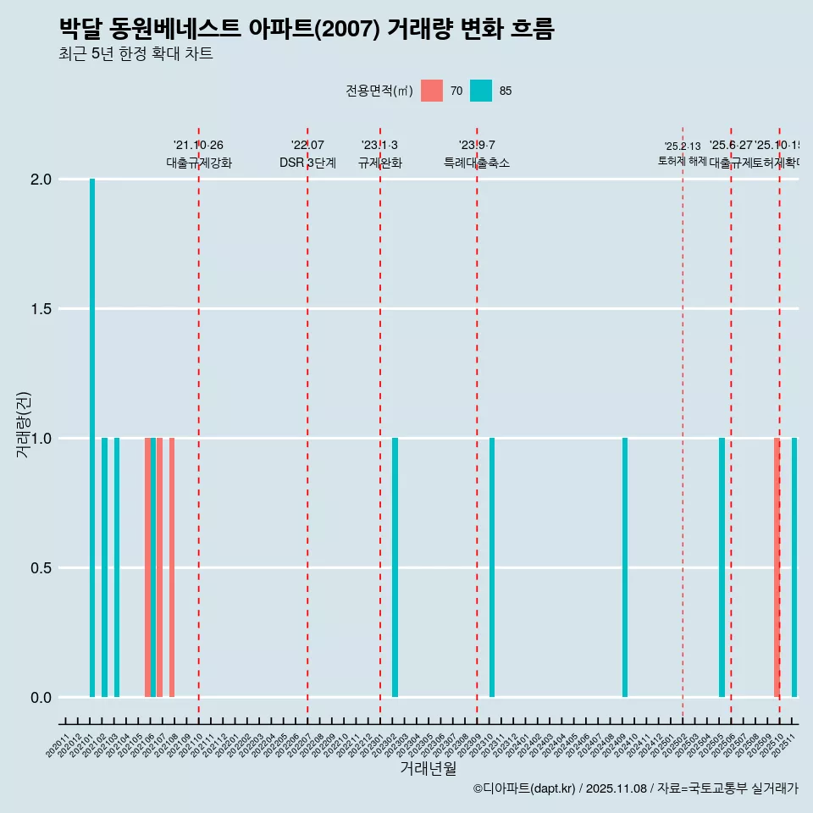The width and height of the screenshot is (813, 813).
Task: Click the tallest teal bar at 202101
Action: tap(92, 438)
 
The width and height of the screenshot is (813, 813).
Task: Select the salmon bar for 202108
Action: tap(172, 567)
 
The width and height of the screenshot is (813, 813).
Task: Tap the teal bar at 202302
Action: tap(395, 567)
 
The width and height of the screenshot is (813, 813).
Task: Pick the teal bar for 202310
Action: tap(492, 567)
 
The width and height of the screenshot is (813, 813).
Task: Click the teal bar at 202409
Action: tap(625, 567)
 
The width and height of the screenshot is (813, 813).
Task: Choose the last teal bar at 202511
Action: tap(794, 567)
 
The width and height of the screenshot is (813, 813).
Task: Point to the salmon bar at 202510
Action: tap(776, 567)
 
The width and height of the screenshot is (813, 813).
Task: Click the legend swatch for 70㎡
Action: tap(432, 91)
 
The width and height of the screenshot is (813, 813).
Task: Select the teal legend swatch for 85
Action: tap(481, 91)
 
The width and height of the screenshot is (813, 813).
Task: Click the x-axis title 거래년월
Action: tap(428, 769)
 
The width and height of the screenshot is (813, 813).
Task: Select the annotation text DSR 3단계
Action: tap(307, 163)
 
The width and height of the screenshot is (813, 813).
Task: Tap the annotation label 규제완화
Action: tap(379, 163)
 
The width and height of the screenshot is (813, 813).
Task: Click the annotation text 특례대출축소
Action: tap(477, 163)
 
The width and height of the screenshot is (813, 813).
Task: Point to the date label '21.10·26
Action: tap(198, 146)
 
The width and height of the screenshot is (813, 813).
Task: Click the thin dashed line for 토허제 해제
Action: tap(683, 423)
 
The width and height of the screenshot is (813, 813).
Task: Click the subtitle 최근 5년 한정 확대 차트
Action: tap(135, 54)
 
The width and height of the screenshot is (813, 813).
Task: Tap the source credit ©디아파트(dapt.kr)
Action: tap(524, 788)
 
